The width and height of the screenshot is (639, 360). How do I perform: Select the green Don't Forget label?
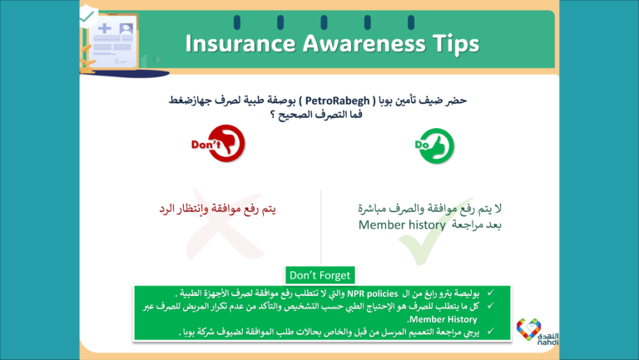(319, 274)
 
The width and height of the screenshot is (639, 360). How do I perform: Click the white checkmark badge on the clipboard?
(87, 15)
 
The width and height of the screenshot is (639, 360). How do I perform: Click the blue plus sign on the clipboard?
(105, 30)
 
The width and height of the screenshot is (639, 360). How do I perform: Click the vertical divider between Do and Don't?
(321, 224)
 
